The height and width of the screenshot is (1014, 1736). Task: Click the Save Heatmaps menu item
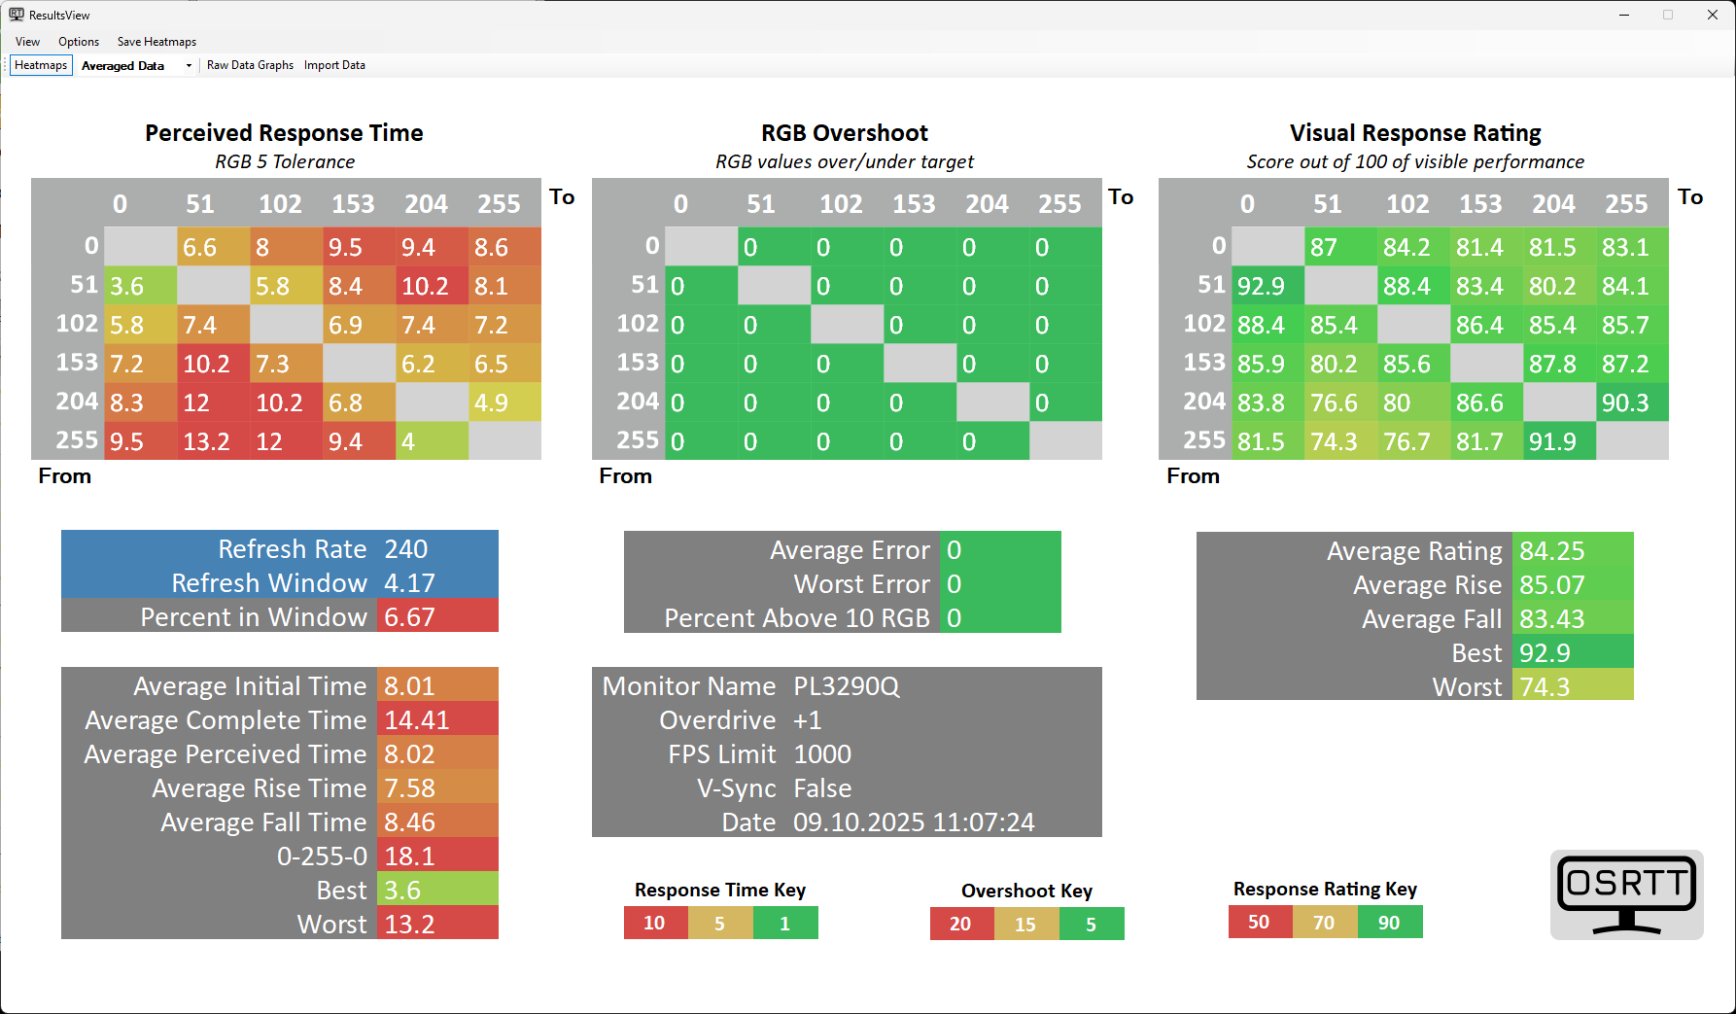[x=156, y=42]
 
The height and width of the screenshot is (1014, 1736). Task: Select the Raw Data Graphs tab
[x=250, y=65]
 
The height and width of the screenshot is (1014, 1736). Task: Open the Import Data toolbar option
[x=334, y=65]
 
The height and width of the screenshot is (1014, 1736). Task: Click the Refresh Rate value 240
[x=406, y=549]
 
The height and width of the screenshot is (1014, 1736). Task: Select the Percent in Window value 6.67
[x=409, y=617]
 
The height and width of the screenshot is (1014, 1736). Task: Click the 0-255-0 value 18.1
[x=409, y=857]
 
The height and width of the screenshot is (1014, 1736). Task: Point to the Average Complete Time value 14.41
[x=417, y=720]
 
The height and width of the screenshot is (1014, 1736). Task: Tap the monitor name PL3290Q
[x=847, y=686]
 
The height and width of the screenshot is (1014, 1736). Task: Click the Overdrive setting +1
[x=808, y=720]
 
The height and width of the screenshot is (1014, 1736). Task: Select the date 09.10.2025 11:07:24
[x=914, y=822]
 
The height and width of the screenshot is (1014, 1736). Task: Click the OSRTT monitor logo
[x=1626, y=894]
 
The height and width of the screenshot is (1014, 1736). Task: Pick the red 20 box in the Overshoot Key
[x=961, y=924]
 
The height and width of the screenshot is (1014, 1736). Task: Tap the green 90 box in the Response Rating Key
[x=1389, y=923]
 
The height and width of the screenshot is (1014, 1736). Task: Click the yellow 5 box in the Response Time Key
[x=720, y=923]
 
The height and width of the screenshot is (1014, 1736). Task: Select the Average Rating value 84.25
[x=1552, y=551]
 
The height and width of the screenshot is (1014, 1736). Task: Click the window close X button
[x=1713, y=15]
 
